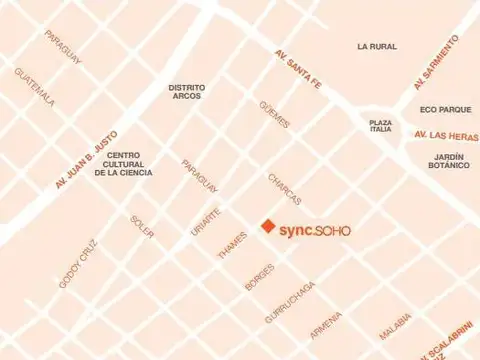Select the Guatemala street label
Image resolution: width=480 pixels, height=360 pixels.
(x=35, y=87)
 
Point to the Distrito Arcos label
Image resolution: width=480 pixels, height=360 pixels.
(x=187, y=92)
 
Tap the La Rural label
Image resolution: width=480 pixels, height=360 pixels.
(x=377, y=46)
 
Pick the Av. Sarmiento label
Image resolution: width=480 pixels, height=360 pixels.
(x=436, y=62)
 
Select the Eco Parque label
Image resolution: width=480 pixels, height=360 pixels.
(x=445, y=109)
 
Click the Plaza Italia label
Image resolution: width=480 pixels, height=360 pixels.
(x=381, y=126)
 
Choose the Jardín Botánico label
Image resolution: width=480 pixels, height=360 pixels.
(x=452, y=161)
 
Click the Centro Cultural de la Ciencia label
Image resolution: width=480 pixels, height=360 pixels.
(x=124, y=164)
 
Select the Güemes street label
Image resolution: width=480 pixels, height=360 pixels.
(x=274, y=115)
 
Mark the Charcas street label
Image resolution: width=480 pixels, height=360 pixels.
(x=284, y=187)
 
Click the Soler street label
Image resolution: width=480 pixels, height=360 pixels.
(x=142, y=227)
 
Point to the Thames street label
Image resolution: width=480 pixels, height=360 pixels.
(x=232, y=246)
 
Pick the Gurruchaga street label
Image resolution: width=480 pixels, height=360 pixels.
(x=290, y=301)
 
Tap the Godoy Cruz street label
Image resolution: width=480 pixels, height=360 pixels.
(x=78, y=262)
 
